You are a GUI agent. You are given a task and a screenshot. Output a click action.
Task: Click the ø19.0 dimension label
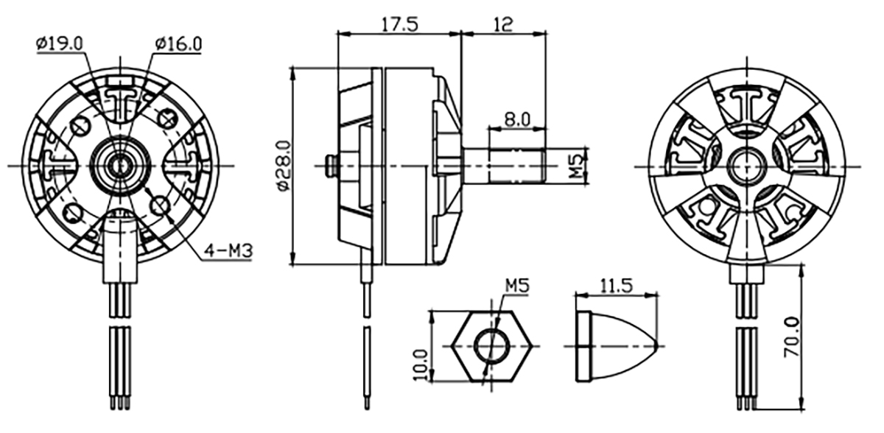(x=60, y=43)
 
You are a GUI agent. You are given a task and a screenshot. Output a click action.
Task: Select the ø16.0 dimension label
(x=179, y=43)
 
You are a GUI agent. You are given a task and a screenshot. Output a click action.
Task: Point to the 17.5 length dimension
(x=400, y=24)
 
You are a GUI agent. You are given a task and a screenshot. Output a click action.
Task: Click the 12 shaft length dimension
(x=504, y=24)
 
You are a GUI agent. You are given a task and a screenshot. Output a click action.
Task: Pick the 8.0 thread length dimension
(x=518, y=119)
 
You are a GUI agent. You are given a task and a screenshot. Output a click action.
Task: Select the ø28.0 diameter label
(x=284, y=166)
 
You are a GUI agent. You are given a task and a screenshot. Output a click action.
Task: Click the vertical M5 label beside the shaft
(x=577, y=166)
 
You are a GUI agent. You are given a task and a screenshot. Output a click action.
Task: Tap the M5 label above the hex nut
(x=517, y=286)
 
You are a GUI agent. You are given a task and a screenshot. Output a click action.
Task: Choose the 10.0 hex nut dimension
(x=421, y=365)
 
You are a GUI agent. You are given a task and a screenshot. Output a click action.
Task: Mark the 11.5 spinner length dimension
(x=616, y=286)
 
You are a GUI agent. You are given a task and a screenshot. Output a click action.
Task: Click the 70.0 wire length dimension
(x=792, y=337)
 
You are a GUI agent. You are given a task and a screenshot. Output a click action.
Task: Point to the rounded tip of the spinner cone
(x=655, y=346)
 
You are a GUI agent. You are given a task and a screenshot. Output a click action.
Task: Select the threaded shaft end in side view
(x=517, y=165)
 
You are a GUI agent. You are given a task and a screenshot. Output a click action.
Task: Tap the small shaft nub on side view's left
(x=331, y=165)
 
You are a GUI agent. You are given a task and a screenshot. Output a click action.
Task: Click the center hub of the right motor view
(x=747, y=166)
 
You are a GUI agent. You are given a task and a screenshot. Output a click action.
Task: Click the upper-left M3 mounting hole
(x=81, y=126)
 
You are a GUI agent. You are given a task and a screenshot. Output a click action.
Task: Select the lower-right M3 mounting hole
(x=161, y=205)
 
